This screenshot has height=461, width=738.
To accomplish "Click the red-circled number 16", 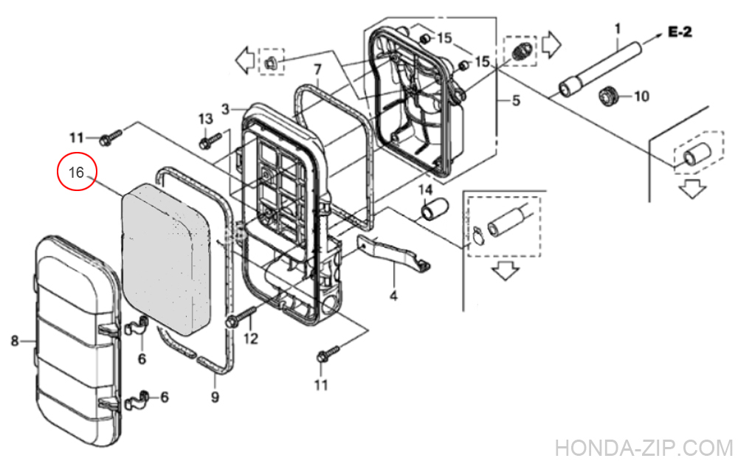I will pos(77,173).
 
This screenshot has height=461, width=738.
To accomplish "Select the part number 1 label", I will pos(618,30).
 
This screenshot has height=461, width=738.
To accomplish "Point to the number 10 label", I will pos(641,97).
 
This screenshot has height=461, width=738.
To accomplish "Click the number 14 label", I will pos(424,191).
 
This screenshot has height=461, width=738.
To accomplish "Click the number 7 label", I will pos(317,70).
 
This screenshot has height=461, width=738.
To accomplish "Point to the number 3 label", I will pos(226,108).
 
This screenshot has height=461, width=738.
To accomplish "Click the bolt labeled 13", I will pos(210,137).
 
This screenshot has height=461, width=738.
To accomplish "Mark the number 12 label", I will pos(251,339).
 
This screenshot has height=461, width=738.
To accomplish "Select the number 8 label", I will pos(14,340).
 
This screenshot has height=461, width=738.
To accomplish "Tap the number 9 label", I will pos(215,398).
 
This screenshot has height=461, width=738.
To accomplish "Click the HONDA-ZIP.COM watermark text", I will pos(644,448).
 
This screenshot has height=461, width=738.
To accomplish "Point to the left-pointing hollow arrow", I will pos(245,59).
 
